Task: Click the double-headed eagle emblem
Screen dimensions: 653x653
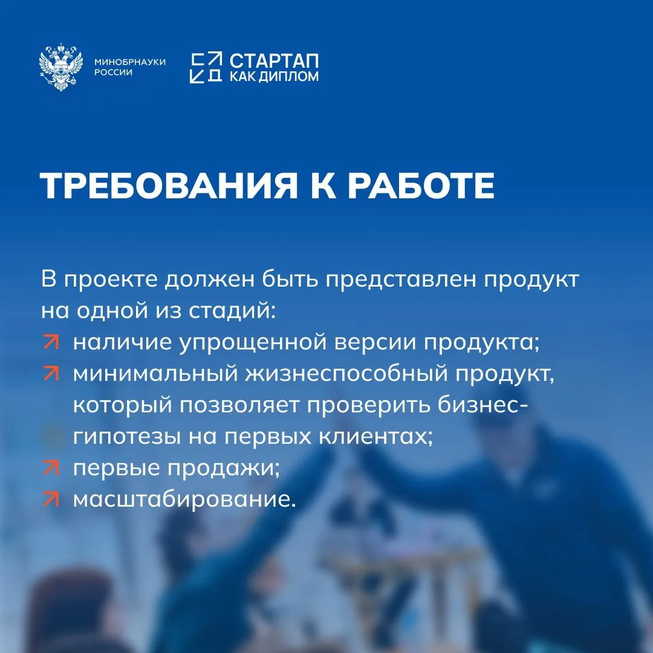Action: click(x=61, y=67)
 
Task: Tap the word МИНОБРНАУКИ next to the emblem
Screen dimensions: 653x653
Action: click(x=130, y=62)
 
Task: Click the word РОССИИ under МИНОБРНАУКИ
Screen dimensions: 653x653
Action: click(x=113, y=73)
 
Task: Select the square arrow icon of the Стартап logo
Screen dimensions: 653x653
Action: click(x=206, y=68)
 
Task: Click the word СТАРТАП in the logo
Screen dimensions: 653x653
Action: click(x=274, y=61)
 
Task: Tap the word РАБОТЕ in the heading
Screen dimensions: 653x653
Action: click(x=421, y=186)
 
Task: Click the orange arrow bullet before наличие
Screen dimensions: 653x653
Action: click(x=51, y=342)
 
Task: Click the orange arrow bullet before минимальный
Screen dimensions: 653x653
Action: click(x=51, y=374)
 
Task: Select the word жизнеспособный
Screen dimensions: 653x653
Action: click(x=346, y=374)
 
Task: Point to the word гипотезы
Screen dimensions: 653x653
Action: click(x=128, y=437)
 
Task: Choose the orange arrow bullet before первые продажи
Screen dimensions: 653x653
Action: click(x=51, y=468)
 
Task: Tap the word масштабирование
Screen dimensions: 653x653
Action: click(x=184, y=499)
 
